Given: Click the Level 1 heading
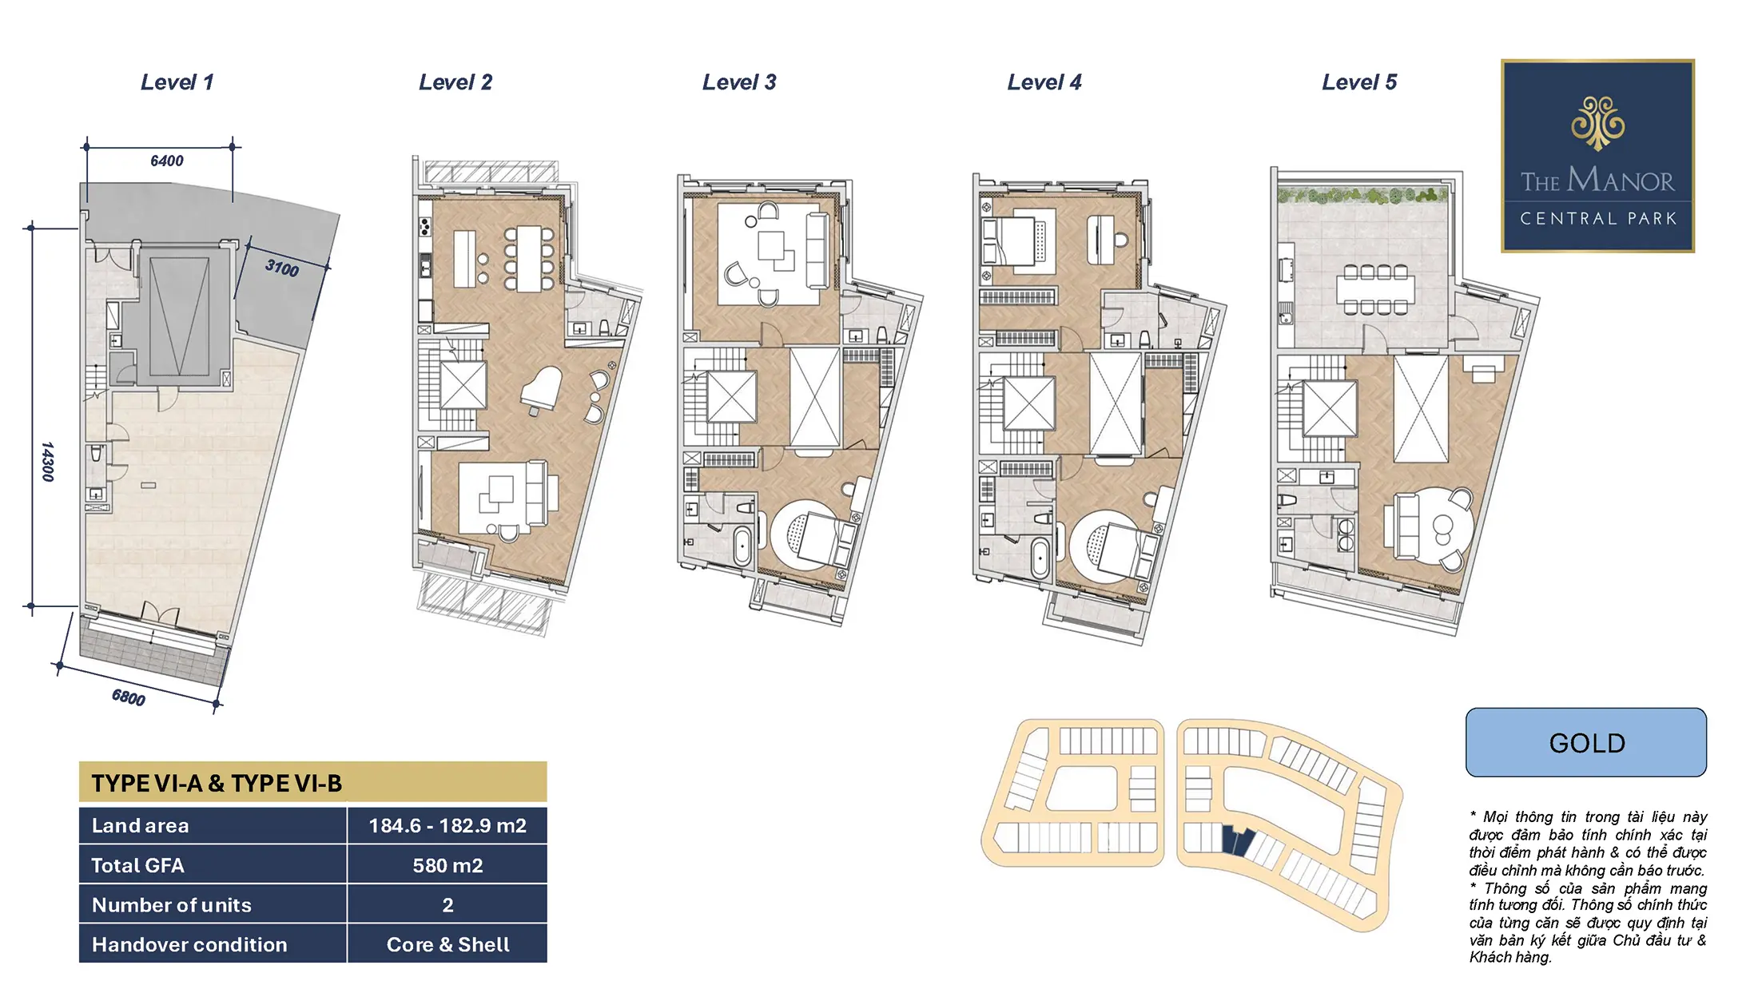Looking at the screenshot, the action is [x=177, y=82].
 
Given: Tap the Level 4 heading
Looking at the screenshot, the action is [x=1044, y=82].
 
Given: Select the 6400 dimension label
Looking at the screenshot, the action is [x=167, y=161].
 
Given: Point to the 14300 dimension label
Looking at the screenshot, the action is [x=47, y=461].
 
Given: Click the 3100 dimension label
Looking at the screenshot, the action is [x=282, y=268].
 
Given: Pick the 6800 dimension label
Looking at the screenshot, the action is [x=129, y=697].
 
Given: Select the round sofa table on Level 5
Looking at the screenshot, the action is [x=1442, y=529].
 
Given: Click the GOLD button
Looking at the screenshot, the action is [x=1586, y=742].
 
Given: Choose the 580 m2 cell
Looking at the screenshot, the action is [x=447, y=865].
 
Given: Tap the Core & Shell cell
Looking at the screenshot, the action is [x=447, y=944].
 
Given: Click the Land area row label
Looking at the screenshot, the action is [x=141, y=825].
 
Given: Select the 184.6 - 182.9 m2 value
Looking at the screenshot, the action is [x=447, y=825].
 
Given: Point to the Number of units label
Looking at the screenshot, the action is [x=172, y=905].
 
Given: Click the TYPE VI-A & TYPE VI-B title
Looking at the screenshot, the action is [x=217, y=783].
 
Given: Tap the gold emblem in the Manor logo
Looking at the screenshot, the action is [x=1597, y=123].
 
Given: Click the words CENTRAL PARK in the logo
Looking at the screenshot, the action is [x=1598, y=218].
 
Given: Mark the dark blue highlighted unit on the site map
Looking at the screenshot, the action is [x=1235, y=841].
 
